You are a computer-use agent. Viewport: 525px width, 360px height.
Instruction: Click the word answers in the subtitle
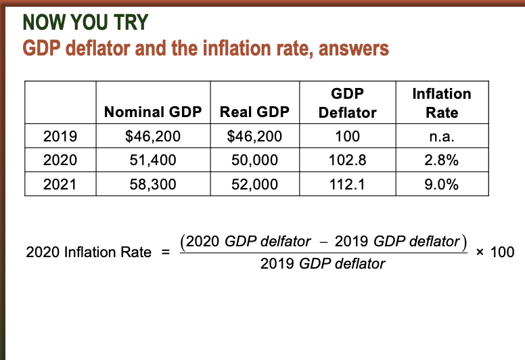pyautogui.click(x=349, y=49)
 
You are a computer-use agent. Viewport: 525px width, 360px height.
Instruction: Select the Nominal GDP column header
pyautogui.click(x=153, y=112)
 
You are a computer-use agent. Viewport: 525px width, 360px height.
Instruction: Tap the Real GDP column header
pyautogui.click(x=254, y=112)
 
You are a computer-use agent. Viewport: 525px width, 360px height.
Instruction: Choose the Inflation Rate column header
pyautogui.click(x=442, y=103)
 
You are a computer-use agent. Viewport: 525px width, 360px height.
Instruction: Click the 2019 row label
pyautogui.click(x=60, y=137)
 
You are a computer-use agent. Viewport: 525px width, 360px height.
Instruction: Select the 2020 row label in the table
pyautogui.click(x=60, y=160)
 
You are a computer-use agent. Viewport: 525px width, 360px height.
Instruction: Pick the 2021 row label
pyautogui.click(x=60, y=184)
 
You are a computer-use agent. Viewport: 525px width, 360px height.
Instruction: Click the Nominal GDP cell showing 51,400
pyautogui.click(x=153, y=160)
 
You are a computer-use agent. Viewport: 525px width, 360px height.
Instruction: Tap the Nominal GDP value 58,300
pyautogui.click(x=153, y=184)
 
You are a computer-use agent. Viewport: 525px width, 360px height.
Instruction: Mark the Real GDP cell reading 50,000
pyautogui.click(x=254, y=160)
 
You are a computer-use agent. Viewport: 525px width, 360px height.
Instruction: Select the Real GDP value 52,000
pyautogui.click(x=254, y=184)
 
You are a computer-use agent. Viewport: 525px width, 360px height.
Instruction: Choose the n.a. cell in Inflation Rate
pyautogui.click(x=442, y=137)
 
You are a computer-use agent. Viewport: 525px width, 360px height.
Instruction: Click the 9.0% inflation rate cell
pyautogui.click(x=442, y=184)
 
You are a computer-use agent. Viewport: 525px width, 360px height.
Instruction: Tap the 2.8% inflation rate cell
pyautogui.click(x=442, y=160)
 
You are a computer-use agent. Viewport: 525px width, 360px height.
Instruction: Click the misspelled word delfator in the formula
pyautogui.click(x=286, y=241)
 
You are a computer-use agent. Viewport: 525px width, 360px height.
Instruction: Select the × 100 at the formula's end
pyautogui.click(x=495, y=252)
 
